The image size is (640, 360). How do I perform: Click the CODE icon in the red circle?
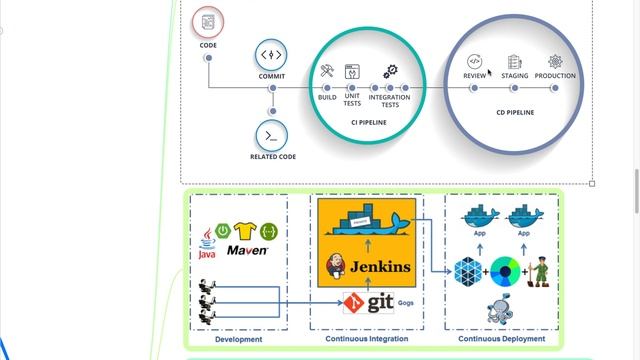[208, 21]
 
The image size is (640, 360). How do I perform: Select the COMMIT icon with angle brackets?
[271, 55]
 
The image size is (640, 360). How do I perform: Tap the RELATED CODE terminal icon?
[271, 134]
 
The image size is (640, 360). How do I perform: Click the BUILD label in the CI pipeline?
[327, 97]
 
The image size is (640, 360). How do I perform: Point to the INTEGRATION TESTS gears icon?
[390, 72]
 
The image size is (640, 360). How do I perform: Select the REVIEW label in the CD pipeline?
[475, 76]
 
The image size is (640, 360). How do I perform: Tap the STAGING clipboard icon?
[515, 63]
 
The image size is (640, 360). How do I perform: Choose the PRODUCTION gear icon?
[555, 63]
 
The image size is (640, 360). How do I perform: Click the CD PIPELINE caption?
[515, 113]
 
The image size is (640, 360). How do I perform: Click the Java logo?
[207, 241]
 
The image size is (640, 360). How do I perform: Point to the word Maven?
[247, 250]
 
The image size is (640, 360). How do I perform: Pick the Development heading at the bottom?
[238, 339]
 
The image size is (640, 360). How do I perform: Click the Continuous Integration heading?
[366, 339]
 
